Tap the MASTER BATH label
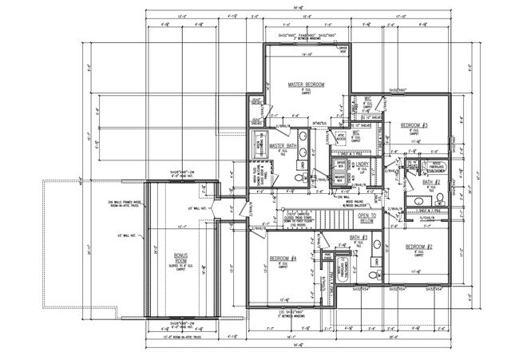click(x=283, y=146)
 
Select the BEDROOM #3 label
click(x=414, y=126)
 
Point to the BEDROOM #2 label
click(x=419, y=246)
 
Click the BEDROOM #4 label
click(x=283, y=259)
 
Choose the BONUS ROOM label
click(x=180, y=258)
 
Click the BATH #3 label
click(x=358, y=238)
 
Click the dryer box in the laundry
click(x=339, y=164)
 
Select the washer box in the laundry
click(x=339, y=180)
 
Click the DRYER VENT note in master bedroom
click(x=343, y=50)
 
